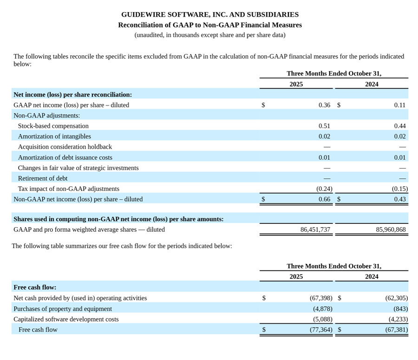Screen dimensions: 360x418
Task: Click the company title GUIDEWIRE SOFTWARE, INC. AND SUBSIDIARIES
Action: point(209,14)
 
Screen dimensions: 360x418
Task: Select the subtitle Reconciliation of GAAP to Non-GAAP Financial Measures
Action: point(209,25)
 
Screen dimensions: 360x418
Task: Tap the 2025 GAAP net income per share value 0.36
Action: point(324,105)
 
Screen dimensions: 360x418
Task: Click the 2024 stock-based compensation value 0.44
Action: point(399,126)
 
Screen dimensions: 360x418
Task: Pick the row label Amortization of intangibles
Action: point(54,137)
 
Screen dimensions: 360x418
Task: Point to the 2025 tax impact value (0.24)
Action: point(324,189)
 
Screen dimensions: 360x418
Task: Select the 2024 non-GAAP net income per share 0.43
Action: point(399,199)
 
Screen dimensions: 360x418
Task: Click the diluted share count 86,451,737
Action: point(315,229)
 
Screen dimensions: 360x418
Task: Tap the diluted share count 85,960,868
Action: point(391,229)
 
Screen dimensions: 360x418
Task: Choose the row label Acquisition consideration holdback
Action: point(65,147)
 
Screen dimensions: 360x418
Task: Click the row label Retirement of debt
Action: point(43,178)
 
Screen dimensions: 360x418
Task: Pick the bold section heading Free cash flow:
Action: point(35,288)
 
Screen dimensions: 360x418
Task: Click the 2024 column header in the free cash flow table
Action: point(372,276)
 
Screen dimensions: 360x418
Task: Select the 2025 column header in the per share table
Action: point(296,84)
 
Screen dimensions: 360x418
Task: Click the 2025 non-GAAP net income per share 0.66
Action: point(324,199)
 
